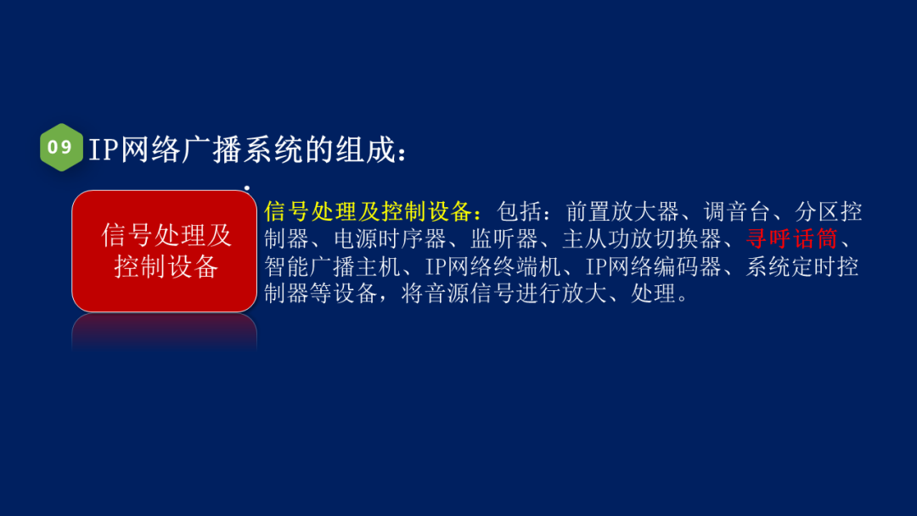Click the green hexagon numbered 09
pos(61,148)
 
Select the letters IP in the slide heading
pos(103,150)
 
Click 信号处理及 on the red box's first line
pos(166,234)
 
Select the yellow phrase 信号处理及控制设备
pos(373,211)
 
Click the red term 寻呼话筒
pos(792,238)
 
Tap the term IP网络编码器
pos(652,266)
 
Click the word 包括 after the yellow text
pos(517,211)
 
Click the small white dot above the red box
pos(246,188)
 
